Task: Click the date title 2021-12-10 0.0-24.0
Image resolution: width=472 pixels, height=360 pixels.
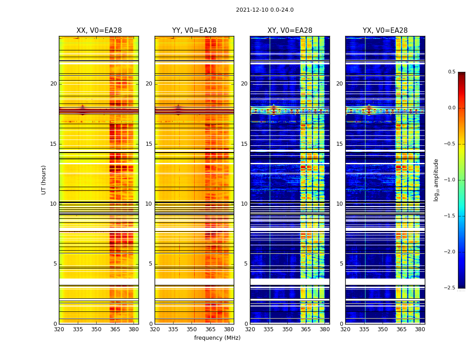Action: pos(264,10)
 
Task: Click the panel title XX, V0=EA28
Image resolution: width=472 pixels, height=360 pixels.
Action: pos(99,31)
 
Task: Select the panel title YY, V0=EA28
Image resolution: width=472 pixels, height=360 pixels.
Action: pos(194,31)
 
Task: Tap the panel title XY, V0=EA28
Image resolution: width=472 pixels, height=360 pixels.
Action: pos(289,31)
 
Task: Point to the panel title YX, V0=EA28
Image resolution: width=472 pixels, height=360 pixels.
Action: pos(385,31)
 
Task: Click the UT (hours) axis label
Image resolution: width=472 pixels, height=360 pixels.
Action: pos(44,180)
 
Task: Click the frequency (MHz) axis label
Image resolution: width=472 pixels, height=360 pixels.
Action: pos(217,338)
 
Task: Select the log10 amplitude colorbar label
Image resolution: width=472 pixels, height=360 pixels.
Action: pos(436,180)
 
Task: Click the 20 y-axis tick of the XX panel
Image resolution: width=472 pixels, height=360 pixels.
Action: pos(53,84)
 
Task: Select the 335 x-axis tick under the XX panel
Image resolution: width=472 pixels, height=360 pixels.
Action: pos(78,329)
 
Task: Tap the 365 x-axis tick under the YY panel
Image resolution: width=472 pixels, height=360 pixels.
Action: pos(210,329)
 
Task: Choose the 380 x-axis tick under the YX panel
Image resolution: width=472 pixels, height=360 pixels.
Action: pos(420,329)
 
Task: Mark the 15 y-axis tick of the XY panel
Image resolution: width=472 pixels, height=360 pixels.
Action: pos(244,144)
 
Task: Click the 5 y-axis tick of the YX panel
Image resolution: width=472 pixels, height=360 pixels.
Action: pos(341,264)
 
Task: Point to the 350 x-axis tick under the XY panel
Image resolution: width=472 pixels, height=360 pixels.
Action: pos(287,329)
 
